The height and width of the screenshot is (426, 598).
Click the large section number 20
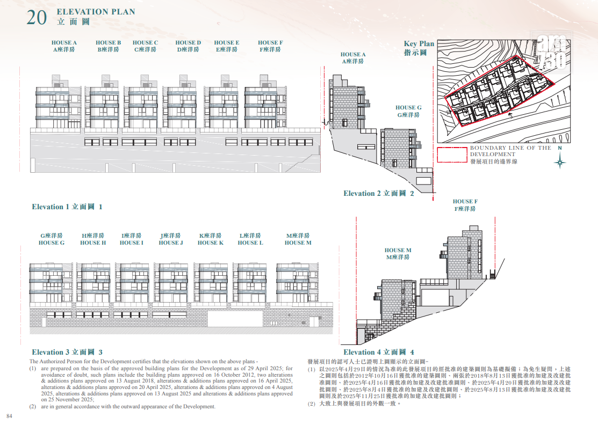click(x=37, y=18)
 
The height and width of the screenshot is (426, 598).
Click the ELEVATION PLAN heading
click(x=96, y=12)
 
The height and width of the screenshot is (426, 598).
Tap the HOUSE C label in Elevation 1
click(x=145, y=46)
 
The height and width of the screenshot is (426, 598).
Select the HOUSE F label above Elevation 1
click(x=270, y=46)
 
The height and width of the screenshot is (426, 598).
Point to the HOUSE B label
click(x=109, y=46)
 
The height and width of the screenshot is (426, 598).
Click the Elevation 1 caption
click(x=67, y=207)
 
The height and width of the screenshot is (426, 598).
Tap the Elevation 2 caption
click(x=379, y=193)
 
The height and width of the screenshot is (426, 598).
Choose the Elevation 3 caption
click(x=67, y=352)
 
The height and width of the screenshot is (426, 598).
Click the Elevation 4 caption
click(x=379, y=352)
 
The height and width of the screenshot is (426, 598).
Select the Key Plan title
click(x=419, y=48)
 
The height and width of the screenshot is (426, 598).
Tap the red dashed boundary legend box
click(x=452, y=155)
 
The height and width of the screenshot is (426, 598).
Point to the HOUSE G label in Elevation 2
click(x=408, y=111)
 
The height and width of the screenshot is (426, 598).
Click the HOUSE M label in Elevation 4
click(x=398, y=254)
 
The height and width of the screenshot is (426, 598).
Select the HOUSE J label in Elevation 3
click(x=171, y=239)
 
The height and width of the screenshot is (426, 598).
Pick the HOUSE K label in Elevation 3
click(x=211, y=239)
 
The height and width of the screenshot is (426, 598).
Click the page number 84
click(x=10, y=416)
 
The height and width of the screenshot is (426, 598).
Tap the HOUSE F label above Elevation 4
click(x=465, y=205)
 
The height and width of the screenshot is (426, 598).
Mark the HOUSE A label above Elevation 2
click(x=353, y=58)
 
